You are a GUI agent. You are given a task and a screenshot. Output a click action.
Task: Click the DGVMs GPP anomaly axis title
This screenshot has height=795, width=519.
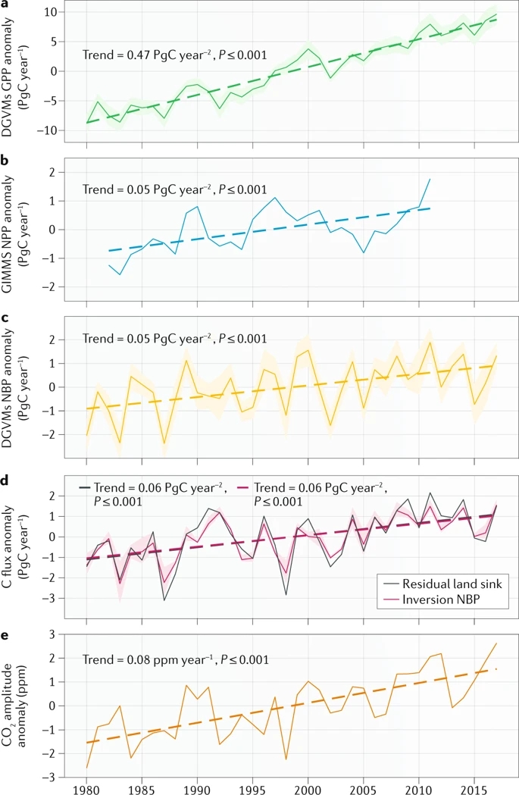(24, 70)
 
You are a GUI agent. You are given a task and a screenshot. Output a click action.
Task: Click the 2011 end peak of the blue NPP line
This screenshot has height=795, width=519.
(430, 179)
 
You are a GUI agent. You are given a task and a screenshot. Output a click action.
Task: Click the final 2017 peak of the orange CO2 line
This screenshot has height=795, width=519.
(496, 643)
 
